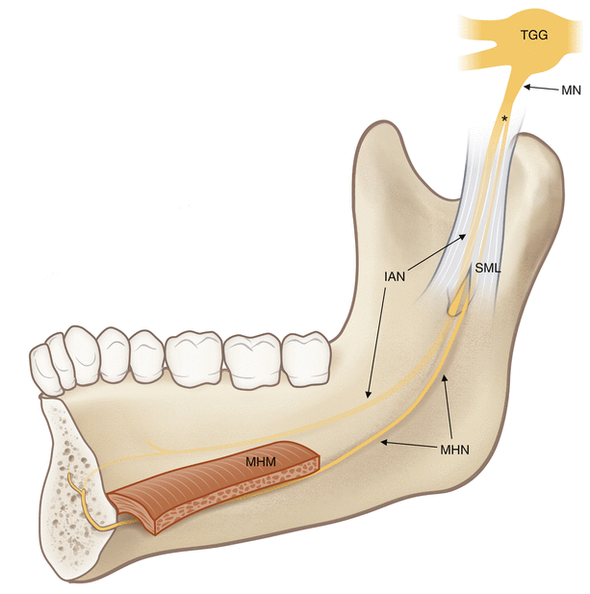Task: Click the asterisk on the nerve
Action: pyautogui.click(x=504, y=119)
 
